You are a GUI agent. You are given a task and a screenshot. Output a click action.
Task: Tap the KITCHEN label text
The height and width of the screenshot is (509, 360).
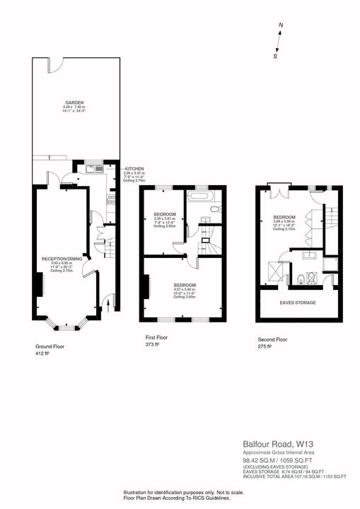tap(134, 169)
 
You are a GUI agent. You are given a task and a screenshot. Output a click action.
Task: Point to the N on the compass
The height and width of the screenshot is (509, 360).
tap(281, 25)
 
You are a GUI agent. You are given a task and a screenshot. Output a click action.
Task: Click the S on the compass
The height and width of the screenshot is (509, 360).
tap(275, 56)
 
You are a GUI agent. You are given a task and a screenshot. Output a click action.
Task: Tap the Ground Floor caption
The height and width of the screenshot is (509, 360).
tap(50, 347)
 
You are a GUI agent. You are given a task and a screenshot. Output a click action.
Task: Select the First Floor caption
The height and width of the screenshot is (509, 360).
tap(157, 338)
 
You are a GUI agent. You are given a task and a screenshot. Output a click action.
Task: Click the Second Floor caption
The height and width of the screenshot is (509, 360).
tap(273, 339)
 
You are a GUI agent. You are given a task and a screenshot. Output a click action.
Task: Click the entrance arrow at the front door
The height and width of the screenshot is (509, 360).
tap(105, 305)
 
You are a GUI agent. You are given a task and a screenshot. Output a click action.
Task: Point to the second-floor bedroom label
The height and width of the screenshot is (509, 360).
tap(284, 216)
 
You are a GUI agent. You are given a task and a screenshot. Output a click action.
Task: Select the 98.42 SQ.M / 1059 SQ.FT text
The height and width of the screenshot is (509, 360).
tap(283, 460)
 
